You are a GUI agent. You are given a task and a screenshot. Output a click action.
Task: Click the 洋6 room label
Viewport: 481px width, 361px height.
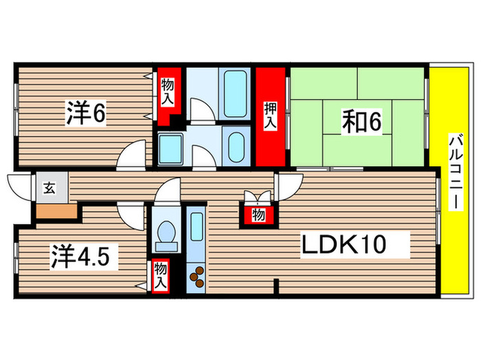[86, 113]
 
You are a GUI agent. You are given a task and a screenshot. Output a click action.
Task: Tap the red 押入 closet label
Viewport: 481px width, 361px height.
[271, 116]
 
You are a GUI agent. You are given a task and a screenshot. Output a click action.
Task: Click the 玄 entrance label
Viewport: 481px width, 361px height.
[50, 188]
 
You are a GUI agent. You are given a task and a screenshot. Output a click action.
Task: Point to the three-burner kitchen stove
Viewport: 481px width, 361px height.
[196, 277]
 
